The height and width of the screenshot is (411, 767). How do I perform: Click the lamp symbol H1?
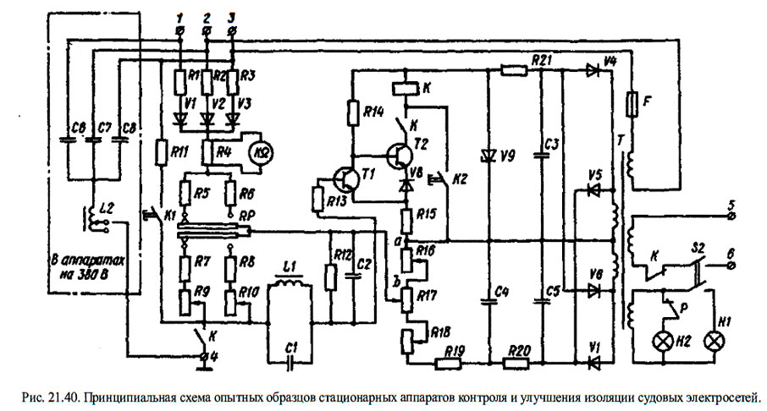click(x=714, y=341)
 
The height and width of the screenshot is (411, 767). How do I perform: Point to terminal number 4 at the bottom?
click(x=204, y=357)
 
